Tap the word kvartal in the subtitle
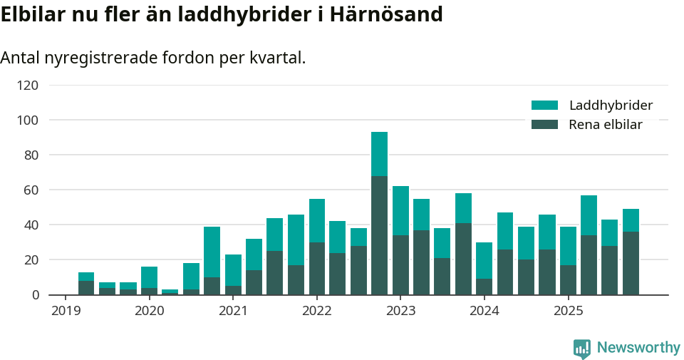(x=276, y=58)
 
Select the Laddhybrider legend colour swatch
(x=544, y=106)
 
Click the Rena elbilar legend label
(x=606, y=125)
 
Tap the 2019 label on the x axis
(x=66, y=311)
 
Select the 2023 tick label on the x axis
(x=400, y=311)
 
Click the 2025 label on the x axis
(x=568, y=311)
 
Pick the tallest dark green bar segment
(x=379, y=235)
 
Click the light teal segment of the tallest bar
(x=379, y=154)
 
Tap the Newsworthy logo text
(x=638, y=348)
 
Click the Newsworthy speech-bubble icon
(x=582, y=349)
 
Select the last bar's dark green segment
(x=631, y=263)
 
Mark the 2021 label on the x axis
(x=233, y=311)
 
